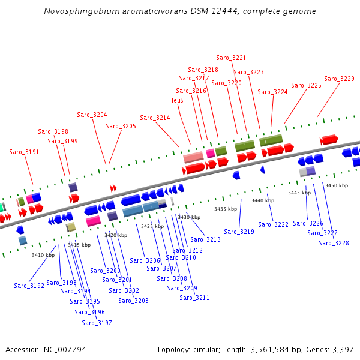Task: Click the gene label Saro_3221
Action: [231, 58]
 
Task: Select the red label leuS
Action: [178, 100]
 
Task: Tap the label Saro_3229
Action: [339, 79]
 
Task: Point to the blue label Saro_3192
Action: [29, 286]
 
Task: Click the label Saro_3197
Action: [97, 323]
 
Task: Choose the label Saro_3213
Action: [206, 239]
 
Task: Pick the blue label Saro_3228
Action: [334, 243]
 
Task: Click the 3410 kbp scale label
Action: [43, 255]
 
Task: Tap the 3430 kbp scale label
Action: [189, 217]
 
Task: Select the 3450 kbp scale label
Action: [337, 185]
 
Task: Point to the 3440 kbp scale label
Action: [263, 200]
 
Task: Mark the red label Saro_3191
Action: [24, 152]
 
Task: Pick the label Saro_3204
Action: [92, 115]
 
